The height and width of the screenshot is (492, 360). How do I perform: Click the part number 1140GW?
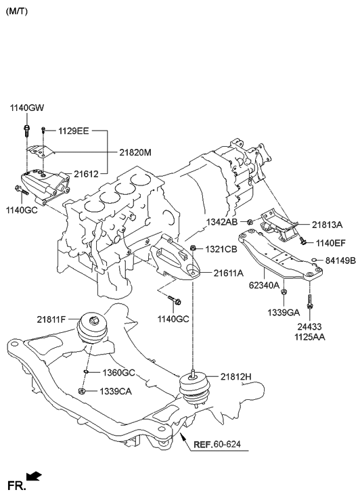pyautogui.click(x=26, y=108)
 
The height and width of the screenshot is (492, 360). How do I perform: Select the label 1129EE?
pyautogui.click(x=73, y=129)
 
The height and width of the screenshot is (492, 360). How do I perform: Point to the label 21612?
pyautogui.click(x=86, y=174)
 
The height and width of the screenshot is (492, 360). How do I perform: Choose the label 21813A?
pyautogui.click(x=328, y=225)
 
